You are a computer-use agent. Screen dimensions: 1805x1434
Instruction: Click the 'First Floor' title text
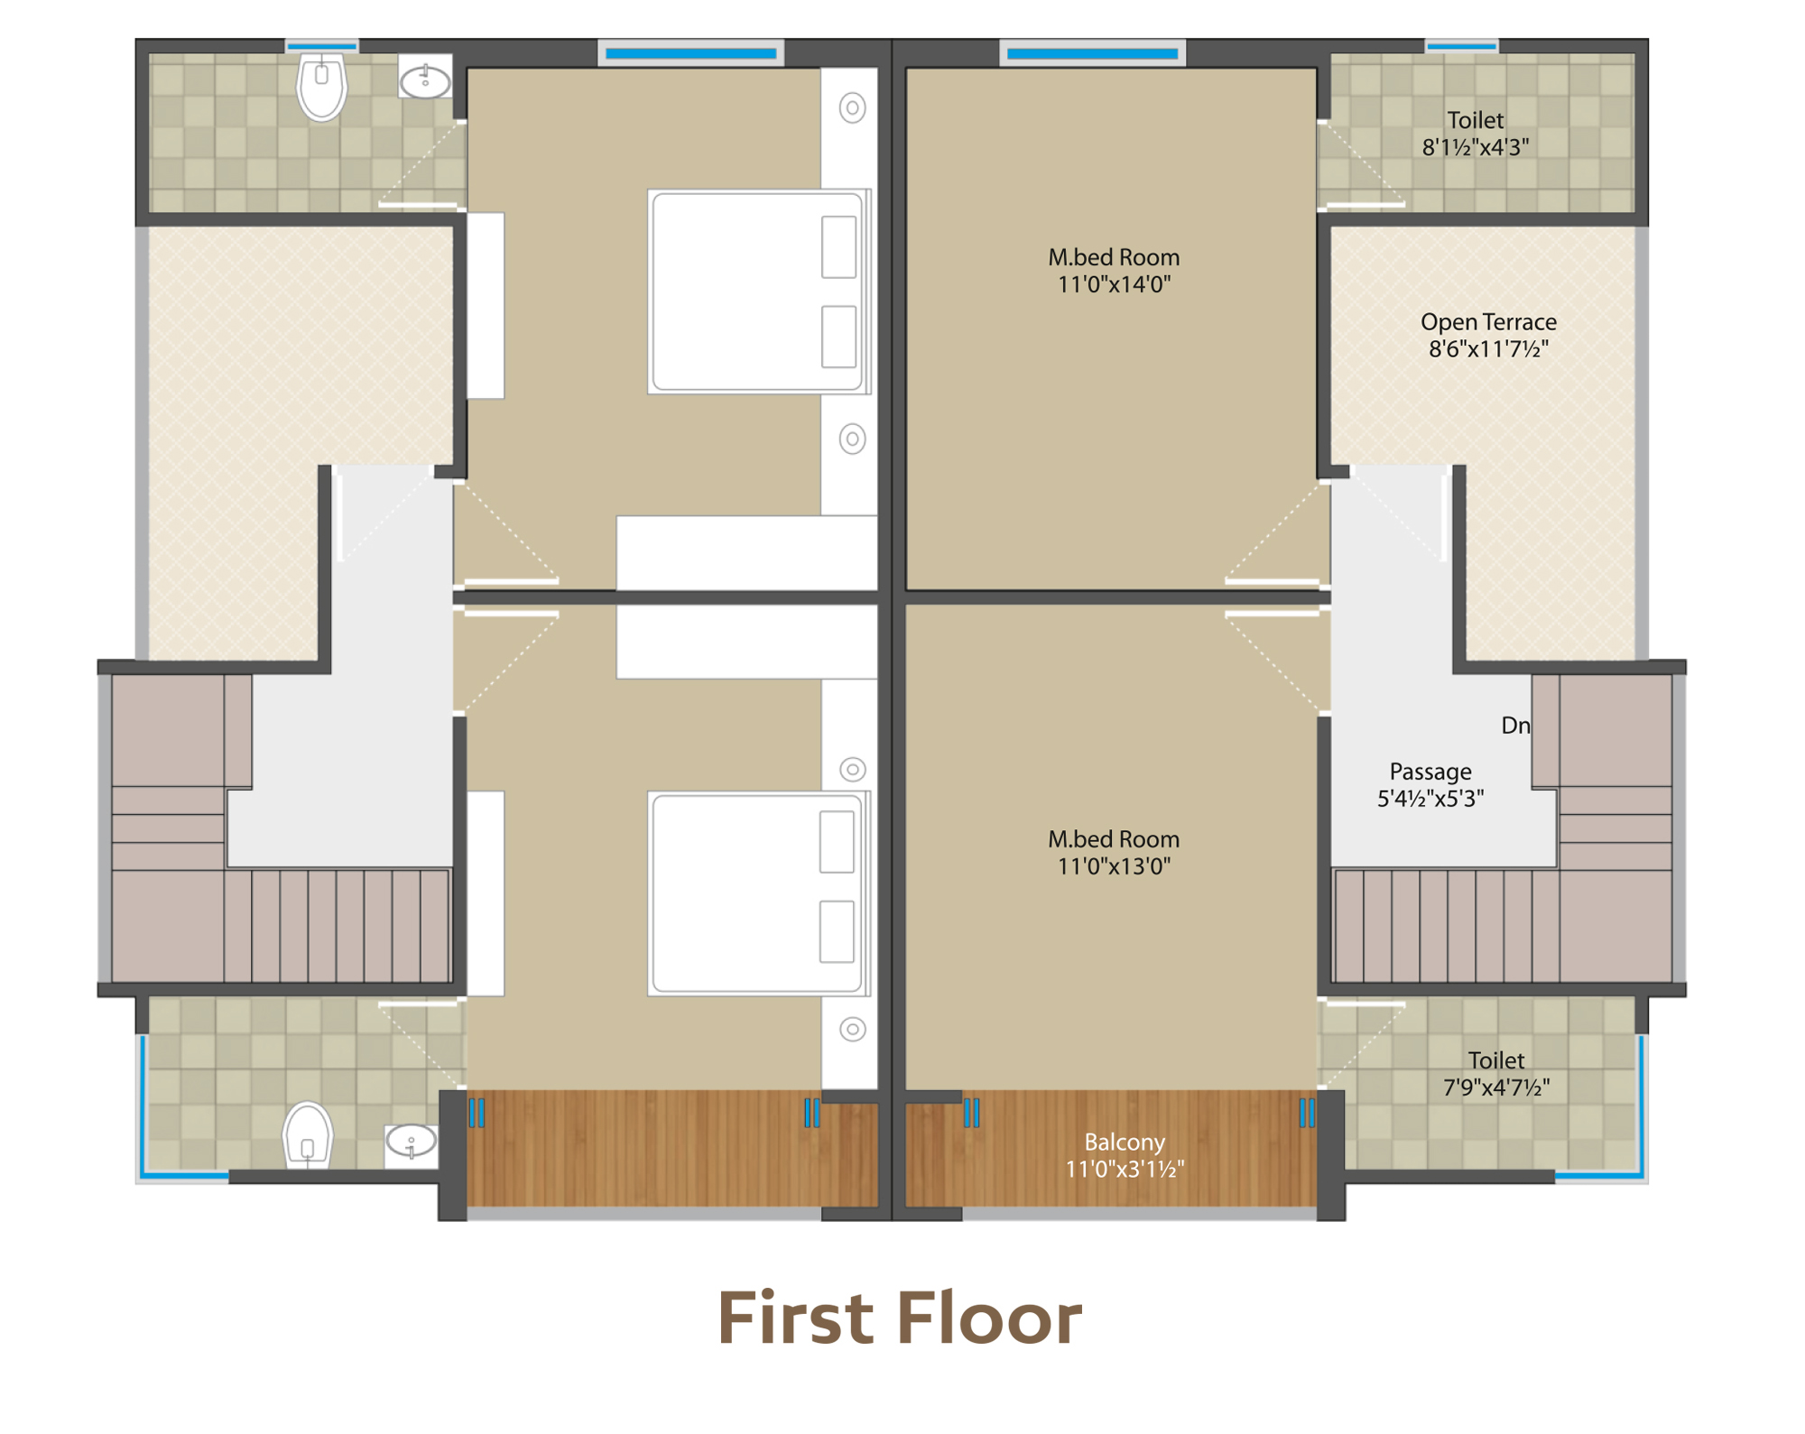click(x=900, y=1318)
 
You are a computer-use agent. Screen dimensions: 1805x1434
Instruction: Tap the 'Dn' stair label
click(x=1515, y=726)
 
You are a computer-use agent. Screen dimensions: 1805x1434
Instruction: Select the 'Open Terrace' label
click(x=1488, y=322)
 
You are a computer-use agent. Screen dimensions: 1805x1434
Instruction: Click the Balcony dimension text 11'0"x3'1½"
click(x=1125, y=1170)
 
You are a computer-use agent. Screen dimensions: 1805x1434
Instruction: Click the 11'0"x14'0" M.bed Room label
click(x=1114, y=271)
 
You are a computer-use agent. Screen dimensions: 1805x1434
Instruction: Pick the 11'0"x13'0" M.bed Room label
click(x=1114, y=853)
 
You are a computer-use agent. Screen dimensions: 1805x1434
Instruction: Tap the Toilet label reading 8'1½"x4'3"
click(x=1476, y=134)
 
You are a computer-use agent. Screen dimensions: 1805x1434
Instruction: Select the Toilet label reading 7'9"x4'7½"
click(x=1496, y=1074)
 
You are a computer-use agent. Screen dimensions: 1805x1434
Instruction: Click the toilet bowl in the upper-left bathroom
click(x=321, y=86)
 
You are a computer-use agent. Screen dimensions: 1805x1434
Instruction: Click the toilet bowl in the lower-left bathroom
click(x=308, y=1136)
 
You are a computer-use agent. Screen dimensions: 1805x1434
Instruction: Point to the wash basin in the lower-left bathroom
click(x=412, y=1143)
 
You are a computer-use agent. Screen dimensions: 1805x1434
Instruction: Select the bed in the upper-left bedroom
click(x=759, y=291)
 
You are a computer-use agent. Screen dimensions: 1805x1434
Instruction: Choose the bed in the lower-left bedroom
click(x=759, y=893)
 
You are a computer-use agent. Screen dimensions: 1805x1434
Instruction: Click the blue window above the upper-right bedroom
click(x=1092, y=53)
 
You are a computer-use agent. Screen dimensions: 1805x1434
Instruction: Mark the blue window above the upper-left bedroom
click(x=690, y=53)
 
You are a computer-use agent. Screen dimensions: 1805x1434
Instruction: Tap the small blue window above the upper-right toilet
click(x=1461, y=45)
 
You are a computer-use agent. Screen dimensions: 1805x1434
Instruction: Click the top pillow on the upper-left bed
click(x=838, y=246)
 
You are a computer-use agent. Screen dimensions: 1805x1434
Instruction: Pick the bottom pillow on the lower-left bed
click(x=837, y=931)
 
